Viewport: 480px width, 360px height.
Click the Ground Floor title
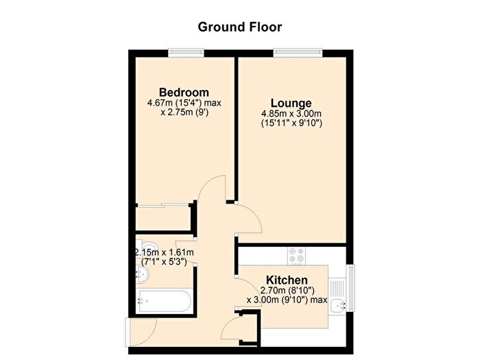240,27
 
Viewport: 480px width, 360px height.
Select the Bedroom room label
184,93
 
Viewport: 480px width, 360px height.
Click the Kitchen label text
287,280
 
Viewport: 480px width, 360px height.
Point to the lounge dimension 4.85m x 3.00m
291,114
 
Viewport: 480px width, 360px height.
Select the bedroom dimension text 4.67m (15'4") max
184,104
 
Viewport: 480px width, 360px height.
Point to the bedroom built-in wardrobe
163,217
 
